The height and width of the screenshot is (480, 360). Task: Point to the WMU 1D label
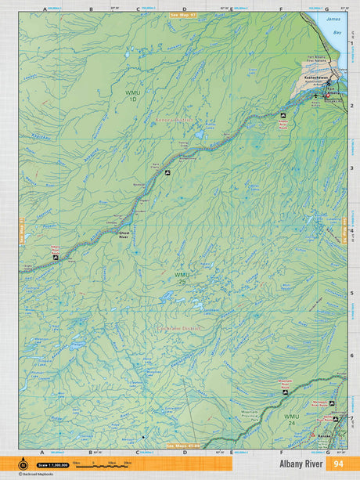coord(134,96)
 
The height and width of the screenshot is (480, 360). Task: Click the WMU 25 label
coord(182,278)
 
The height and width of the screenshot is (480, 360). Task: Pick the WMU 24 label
coord(291,418)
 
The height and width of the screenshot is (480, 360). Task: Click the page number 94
coord(338,463)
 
